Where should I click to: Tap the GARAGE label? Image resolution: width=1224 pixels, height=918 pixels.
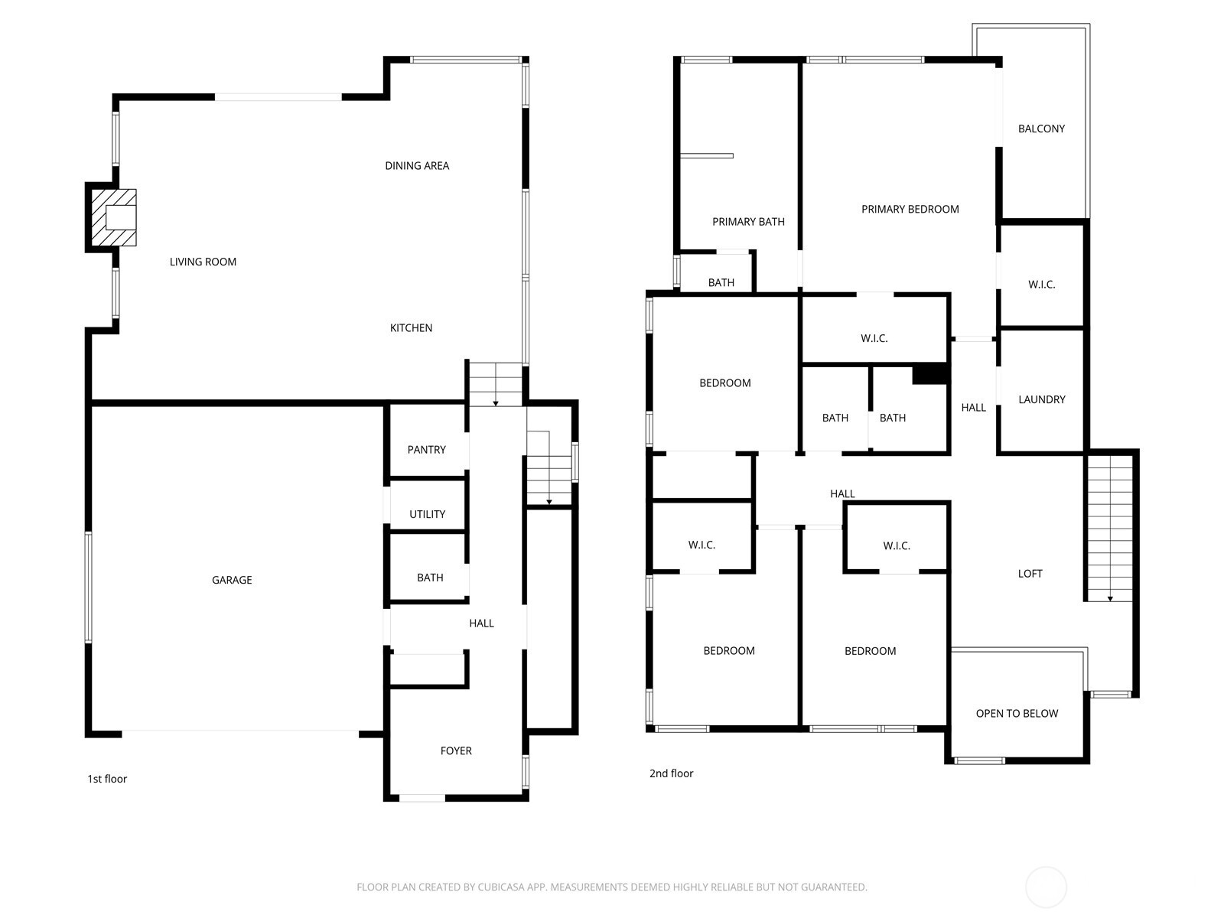point(232,580)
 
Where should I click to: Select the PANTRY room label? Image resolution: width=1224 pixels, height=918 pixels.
point(426,450)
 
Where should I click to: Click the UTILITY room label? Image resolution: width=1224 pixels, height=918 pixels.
point(427,514)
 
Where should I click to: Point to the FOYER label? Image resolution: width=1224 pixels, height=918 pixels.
point(456,750)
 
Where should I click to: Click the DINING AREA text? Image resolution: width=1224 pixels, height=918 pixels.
point(417,165)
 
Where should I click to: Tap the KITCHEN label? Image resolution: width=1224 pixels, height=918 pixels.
point(411,327)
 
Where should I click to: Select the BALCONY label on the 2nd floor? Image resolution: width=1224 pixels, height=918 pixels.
point(1041,129)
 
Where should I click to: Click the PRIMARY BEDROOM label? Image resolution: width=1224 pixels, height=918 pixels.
point(910,209)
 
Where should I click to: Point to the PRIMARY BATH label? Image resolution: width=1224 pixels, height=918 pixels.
point(748,222)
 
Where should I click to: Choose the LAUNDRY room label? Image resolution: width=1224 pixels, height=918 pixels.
point(1041,399)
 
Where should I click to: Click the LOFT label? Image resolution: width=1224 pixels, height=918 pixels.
point(1030,573)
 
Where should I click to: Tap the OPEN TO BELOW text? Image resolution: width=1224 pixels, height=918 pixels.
point(1017,713)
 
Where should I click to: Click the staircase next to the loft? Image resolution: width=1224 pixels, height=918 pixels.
point(1109,528)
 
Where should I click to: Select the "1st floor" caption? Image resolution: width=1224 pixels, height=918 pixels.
point(107,779)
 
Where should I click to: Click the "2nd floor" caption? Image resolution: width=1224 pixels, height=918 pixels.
point(671,773)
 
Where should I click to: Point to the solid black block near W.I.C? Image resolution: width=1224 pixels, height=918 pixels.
point(930,374)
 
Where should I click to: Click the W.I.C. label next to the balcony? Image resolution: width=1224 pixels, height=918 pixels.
point(1041,285)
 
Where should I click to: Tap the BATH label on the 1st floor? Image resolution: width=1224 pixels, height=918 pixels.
point(430,578)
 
